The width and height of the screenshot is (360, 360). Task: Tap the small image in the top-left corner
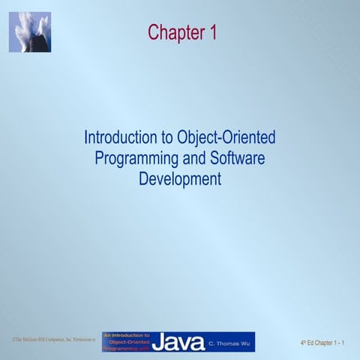point(29,31)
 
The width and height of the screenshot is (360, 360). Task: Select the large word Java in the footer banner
point(178,343)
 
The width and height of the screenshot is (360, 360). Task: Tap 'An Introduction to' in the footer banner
point(126,335)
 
